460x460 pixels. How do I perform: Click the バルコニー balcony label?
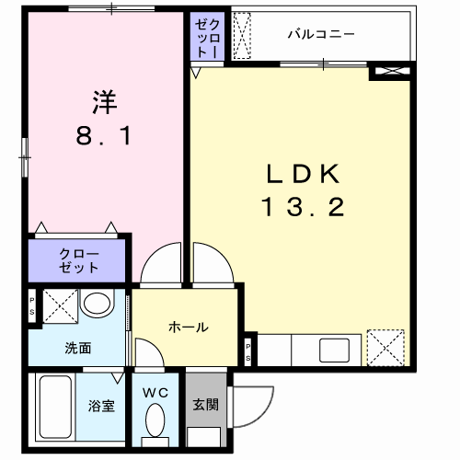(321, 34)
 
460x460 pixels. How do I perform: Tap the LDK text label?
(303, 174)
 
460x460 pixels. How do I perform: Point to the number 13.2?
(303, 207)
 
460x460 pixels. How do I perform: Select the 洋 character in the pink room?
(105, 102)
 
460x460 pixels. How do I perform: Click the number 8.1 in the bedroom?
(104, 136)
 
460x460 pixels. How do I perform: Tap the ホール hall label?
(189, 328)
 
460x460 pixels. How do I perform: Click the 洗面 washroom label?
(78, 348)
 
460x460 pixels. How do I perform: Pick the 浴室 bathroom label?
(101, 406)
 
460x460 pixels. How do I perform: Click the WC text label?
(155, 393)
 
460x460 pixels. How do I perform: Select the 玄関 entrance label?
(206, 405)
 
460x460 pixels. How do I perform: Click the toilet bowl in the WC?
(155, 420)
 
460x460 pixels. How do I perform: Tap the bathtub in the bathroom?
(55, 407)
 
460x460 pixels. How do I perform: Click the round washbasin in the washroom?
(97, 304)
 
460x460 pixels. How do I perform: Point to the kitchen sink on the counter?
(335, 351)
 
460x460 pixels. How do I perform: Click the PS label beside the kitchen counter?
(247, 352)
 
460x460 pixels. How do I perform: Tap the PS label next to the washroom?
(32, 306)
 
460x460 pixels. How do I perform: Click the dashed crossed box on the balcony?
(242, 36)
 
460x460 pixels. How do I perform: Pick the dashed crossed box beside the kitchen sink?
(385, 348)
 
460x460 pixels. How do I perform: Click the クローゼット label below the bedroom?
(78, 260)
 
